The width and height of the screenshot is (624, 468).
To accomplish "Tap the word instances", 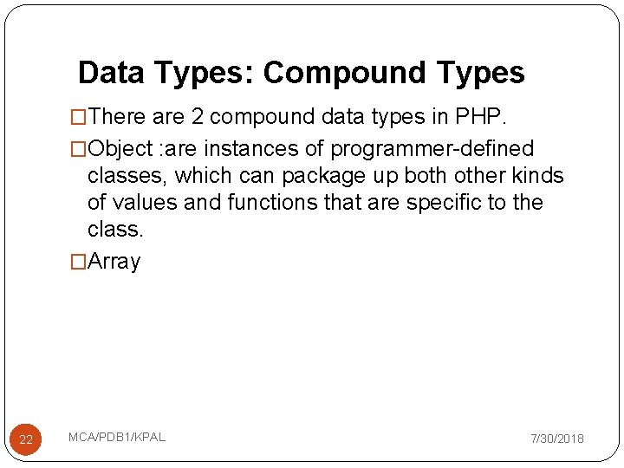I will [251, 148].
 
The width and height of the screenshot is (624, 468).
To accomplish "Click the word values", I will [145, 203].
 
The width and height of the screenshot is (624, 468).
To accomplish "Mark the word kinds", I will [537, 176].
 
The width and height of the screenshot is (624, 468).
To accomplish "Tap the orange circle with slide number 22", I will [26, 439].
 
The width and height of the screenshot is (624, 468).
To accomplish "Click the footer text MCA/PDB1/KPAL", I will [117, 437].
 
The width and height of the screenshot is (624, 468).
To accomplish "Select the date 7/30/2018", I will [557, 439].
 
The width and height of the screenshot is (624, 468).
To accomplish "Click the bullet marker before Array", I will [79, 261].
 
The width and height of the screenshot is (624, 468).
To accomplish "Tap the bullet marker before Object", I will [79, 148].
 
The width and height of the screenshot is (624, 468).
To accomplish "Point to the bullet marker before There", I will [79, 116].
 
